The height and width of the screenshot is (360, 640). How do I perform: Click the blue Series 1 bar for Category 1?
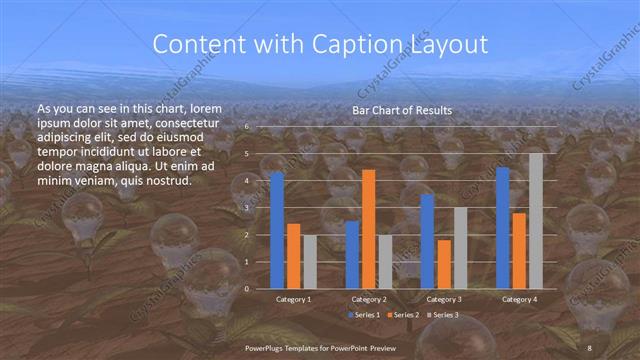tap(277, 230)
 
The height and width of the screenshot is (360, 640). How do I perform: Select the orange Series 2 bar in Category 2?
tap(369, 229)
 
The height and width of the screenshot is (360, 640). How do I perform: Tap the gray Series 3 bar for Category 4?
tap(536, 220)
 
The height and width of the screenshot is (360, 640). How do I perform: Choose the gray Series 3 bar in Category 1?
tap(310, 261)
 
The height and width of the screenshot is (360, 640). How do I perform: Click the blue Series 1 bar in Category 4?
tap(503, 227)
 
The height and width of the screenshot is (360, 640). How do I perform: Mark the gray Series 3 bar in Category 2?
tap(385, 261)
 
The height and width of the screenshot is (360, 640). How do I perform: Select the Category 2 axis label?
tap(369, 298)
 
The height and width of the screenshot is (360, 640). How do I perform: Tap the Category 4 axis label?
tap(520, 298)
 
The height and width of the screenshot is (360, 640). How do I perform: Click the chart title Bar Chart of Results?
tap(402, 110)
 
